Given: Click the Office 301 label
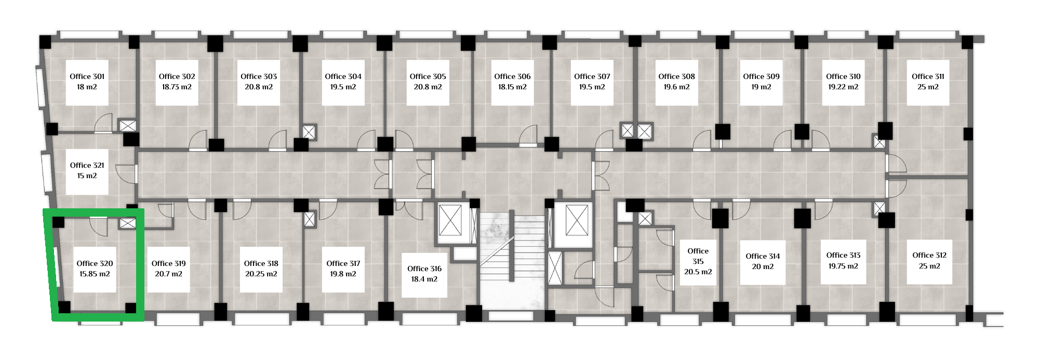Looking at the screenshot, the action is [x=87, y=76].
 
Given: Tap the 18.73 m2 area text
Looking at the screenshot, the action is [x=177, y=87].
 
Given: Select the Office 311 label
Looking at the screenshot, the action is [x=928, y=76].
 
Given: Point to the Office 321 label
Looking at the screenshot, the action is [x=87, y=165].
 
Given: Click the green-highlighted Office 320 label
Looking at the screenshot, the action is [x=95, y=263].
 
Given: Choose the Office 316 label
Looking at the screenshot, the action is [x=424, y=269].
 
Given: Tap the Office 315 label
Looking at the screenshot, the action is [x=698, y=256].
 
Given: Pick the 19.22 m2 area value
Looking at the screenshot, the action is [x=843, y=87].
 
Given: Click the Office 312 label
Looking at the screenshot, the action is [x=929, y=255].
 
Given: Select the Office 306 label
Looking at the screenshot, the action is [x=512, y=76].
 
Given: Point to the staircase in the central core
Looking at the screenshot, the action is [x=512, y=260].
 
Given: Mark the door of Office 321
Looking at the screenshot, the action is [x=126, y=174].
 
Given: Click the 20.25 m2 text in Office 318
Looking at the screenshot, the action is [x=261, y=274].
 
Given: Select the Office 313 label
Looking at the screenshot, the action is [x=843, y=255].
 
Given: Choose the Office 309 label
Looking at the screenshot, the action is [x=761, y=76].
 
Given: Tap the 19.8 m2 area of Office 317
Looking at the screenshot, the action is [x=343, y=274].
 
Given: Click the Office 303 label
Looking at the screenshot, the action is [x=259, y=76].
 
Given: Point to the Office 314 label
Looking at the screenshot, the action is [x=763, y=256].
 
